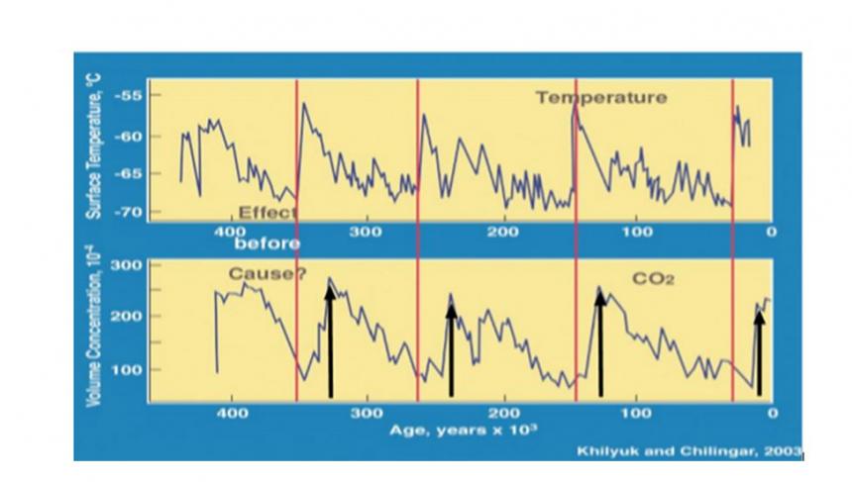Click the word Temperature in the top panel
601,98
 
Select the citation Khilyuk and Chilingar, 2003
690,451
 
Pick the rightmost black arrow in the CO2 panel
758,351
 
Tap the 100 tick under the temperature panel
637,232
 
